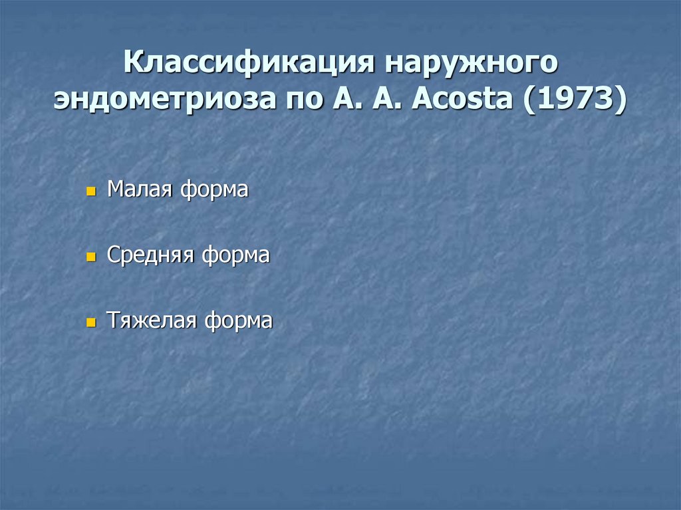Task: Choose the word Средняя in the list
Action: [150, 255]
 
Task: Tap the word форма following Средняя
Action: [235, 255]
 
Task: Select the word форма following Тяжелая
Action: [238, 320]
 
